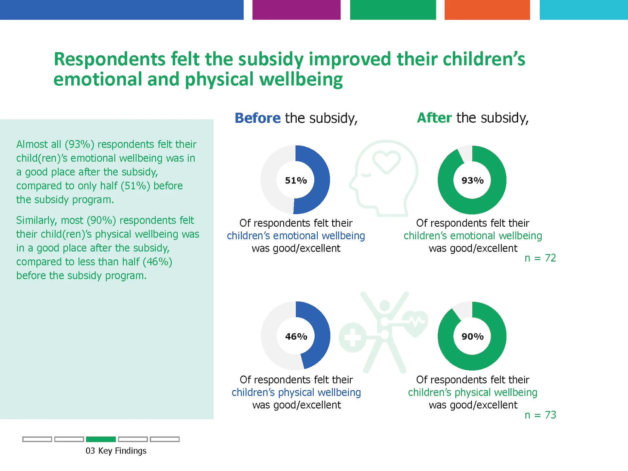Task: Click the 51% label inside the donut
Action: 296,180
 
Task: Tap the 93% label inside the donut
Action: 472,180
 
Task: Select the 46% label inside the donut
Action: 296,336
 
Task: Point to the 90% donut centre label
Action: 472,336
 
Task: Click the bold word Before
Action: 257,118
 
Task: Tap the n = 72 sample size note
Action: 540,258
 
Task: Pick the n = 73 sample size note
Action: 540,415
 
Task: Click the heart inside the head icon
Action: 387,161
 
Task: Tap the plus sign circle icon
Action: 353,338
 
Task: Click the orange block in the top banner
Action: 487,9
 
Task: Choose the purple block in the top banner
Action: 296,9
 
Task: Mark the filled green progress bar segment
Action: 101,439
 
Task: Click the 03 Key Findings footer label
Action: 116,451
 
